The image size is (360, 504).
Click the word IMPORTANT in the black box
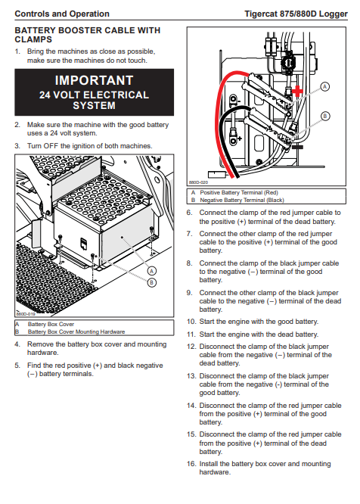94,80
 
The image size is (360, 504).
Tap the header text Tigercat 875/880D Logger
296,14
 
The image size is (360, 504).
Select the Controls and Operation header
62,14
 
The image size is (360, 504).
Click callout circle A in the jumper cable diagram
325,86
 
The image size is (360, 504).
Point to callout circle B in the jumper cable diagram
325,116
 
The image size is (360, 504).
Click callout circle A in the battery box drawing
151,271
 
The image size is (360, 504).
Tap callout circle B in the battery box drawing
151,282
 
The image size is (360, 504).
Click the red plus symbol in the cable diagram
297,91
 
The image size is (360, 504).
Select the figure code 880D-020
198,182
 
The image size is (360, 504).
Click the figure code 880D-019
26,314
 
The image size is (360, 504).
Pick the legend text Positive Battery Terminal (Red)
239,192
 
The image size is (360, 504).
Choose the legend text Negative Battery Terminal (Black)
242,200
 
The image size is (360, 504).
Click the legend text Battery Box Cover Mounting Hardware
76,331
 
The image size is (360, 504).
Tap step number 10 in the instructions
191,322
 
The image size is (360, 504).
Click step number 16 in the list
191,464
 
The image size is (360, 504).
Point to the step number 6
190,213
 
